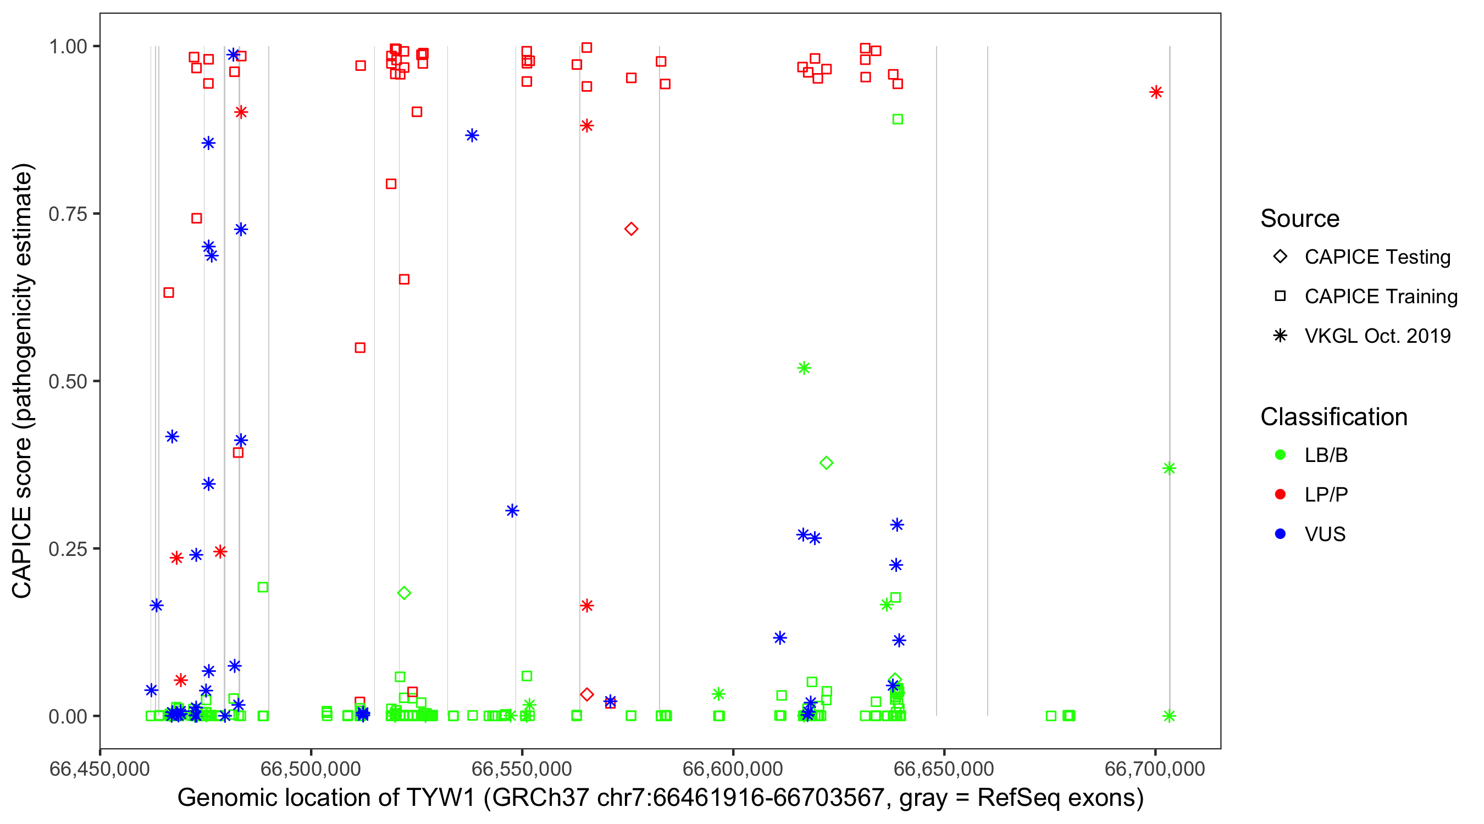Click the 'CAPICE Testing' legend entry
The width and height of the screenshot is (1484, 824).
(1377, 257)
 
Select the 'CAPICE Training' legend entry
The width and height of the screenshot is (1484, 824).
(1380, 297)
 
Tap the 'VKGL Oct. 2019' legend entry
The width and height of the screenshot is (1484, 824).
(1377, 336)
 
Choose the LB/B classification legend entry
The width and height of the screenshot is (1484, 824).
(1326, 455)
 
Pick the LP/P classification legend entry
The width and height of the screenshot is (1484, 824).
(1326, 494)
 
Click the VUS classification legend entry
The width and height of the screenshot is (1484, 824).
(1325, 535)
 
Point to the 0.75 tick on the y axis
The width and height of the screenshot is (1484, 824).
(68, 214)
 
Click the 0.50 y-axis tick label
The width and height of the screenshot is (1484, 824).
(68, 381)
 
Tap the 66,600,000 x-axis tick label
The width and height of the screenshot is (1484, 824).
(733, 769)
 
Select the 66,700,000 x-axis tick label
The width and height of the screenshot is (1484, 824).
(1154, 769)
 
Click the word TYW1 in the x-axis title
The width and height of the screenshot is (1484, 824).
(440, 798)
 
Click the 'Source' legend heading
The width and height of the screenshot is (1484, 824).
(1300, 219)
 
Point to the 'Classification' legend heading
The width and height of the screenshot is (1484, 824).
(1333, 417)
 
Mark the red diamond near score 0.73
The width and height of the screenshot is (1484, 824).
(631, 229)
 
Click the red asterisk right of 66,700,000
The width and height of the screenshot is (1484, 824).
(1156, 92)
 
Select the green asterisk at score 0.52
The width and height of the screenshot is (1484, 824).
(804, 368)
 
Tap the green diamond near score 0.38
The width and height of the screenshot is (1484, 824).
(826, 463)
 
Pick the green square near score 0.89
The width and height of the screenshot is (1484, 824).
(897, 119)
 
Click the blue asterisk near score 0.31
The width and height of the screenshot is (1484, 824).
(512, 511)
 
